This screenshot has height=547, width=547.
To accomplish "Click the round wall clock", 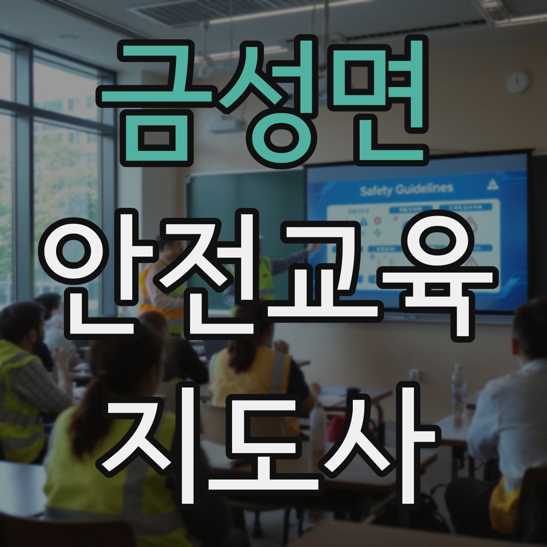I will [x=517, y=83].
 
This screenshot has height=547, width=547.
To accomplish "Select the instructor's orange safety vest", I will [x=150, y=292].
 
